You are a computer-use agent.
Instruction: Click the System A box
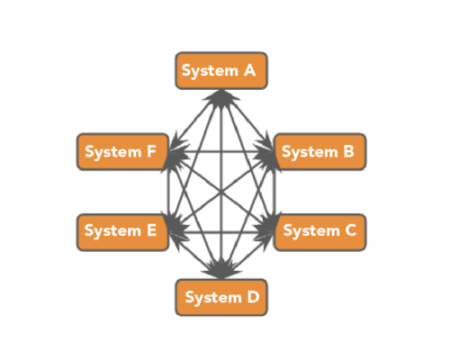[x=221, y=71]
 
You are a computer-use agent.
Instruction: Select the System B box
[x=320, y=152]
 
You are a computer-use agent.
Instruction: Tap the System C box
[x=320, y=232]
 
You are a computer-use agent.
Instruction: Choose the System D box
[x=221, y=297]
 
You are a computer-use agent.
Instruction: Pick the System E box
[x=122, y=232]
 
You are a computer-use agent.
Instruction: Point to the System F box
[x=122, y=152]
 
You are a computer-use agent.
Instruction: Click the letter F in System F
[x=151, y=151]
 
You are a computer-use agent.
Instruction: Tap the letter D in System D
[x=253, y=297]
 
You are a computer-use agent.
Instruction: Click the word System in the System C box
[x=311, y=231]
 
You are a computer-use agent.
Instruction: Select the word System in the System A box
[x=210, y=71]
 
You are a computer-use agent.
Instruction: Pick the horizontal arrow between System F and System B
[x=221, y=152]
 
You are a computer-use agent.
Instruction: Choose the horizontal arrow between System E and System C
[x=221, y=232]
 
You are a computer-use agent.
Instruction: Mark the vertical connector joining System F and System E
[x=169, y=192]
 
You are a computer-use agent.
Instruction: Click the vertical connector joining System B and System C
[x=274, y=192]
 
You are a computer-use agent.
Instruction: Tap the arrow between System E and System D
[x=195, y=256]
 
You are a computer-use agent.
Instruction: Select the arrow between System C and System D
[x=247, y=256]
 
